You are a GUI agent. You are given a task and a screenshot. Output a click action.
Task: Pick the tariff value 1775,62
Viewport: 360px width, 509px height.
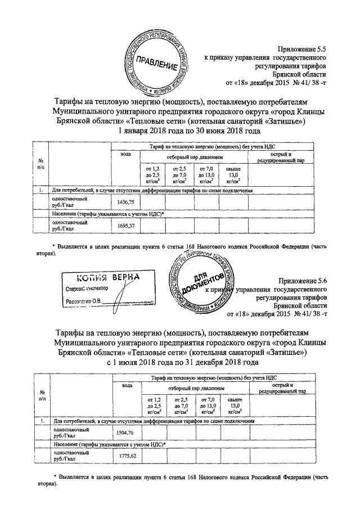coord(125,456)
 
